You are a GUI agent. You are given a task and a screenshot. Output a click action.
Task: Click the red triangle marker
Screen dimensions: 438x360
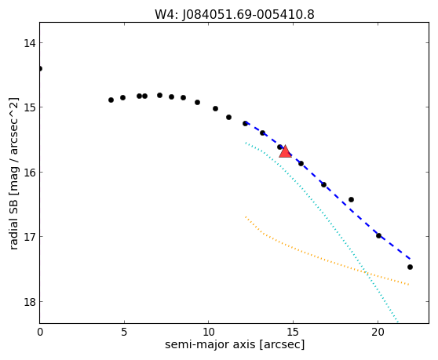pos(285,151)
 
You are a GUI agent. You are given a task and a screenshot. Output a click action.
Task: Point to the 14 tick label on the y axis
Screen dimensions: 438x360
pos(29,43)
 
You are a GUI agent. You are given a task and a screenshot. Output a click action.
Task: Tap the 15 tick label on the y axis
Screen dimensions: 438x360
pos(29,107)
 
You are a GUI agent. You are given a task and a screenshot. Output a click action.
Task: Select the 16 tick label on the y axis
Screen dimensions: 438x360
pos(29,173)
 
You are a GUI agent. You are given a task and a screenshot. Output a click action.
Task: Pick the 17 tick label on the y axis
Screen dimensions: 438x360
pos(29,237)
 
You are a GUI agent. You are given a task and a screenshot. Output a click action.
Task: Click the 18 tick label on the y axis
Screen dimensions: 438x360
pos(29,302)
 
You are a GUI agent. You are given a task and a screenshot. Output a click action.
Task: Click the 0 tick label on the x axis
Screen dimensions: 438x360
pos(40,332)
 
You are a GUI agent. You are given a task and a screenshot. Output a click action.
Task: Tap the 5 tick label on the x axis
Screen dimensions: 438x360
pos(124,332)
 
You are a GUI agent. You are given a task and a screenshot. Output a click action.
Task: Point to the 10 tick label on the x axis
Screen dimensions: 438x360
pos(209,332)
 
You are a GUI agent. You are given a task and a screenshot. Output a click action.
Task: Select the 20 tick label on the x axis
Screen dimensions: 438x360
pos(378,332)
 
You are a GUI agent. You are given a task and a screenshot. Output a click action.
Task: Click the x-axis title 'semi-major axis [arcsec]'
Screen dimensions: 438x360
pos(235,344)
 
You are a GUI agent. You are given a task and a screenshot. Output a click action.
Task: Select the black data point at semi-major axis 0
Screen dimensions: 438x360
pos(40,69)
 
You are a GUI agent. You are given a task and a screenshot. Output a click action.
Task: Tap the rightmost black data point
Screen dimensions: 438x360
pos(410,267)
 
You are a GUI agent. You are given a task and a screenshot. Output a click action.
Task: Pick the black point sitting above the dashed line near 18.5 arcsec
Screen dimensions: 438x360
pos(351,199)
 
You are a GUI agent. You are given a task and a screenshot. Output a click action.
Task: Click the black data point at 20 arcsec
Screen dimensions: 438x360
pos(378,235)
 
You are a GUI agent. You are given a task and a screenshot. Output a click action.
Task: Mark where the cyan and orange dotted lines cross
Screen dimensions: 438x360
pos(365,272)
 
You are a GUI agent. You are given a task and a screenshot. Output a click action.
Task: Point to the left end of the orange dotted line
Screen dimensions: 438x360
pos(246,216)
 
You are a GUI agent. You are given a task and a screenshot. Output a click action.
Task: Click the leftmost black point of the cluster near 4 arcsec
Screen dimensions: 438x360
pos(111,100)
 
